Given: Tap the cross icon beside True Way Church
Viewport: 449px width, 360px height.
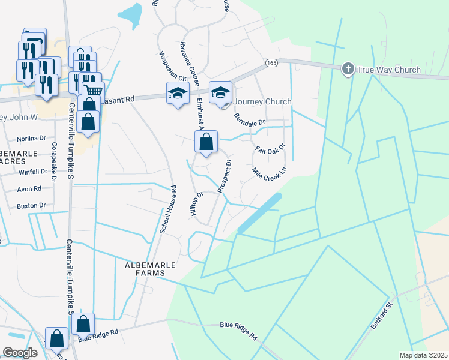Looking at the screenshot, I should [348, 70].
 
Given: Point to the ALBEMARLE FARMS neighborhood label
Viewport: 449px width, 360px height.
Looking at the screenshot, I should [145, 269].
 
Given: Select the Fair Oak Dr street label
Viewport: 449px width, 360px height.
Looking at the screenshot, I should [270, 148].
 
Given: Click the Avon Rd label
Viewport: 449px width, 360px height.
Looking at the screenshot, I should [29, 188].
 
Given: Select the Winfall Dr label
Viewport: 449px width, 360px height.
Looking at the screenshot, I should [32, 172].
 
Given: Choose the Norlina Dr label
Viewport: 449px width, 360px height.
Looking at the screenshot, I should [31, 137].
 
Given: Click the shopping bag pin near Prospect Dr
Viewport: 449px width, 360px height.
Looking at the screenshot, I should [206, 142].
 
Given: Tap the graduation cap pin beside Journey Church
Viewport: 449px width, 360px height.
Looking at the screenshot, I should [220, 92].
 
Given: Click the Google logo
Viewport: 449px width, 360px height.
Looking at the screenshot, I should [20, 353].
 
